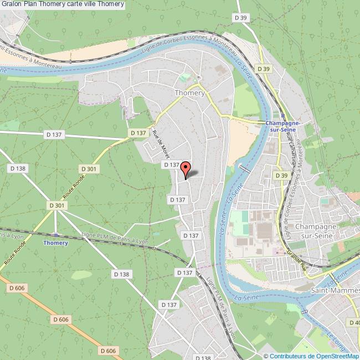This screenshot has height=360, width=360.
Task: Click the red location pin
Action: coord(186,168)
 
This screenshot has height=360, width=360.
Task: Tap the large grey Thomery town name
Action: coord(189,93)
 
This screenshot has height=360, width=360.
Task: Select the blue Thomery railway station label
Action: coord(56,243)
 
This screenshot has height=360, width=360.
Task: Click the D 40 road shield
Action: coord(354,322)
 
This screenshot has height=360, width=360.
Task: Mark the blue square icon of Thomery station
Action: coord(56,234)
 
